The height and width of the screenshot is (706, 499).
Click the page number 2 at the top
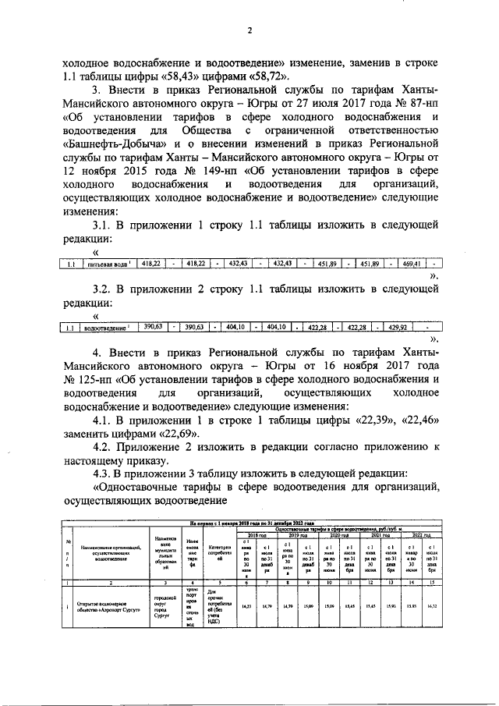pyautogui.click(x=249, y=32)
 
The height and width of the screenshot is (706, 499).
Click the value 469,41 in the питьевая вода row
pyautogui.click(x=411, y=264)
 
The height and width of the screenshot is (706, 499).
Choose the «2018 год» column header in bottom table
pyautogui.click(x=256, y=536)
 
